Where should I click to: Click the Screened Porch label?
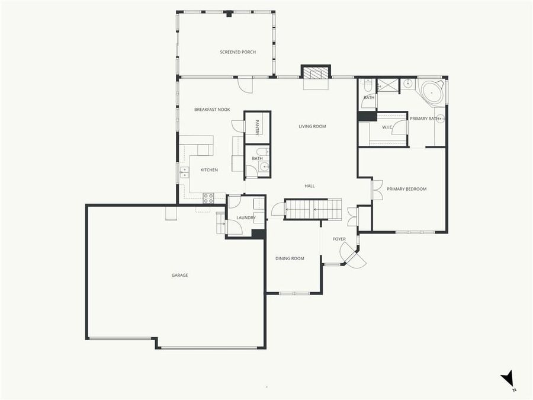point(237,52)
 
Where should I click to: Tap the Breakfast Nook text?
point(212,110)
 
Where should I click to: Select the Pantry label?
point(257,127)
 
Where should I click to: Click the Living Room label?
point(312,126)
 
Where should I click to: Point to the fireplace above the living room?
point(316,73)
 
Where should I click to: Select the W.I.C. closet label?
point(388,127)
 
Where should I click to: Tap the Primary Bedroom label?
point(406,189)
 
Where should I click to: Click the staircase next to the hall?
point(313,209)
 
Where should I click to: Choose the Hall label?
point(309,186)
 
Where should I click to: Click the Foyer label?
point(339,239)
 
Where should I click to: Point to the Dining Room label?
point(290,258)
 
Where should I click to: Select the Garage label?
point(179,275)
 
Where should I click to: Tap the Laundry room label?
point(246,218)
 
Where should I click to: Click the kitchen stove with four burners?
point(208,199)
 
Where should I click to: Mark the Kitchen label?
point(209,170)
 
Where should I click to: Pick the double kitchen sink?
point(185,172)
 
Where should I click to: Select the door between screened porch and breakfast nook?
point(245,85)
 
